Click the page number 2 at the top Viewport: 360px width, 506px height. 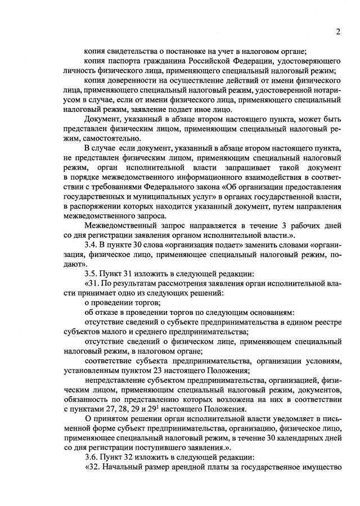[339, 32]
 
